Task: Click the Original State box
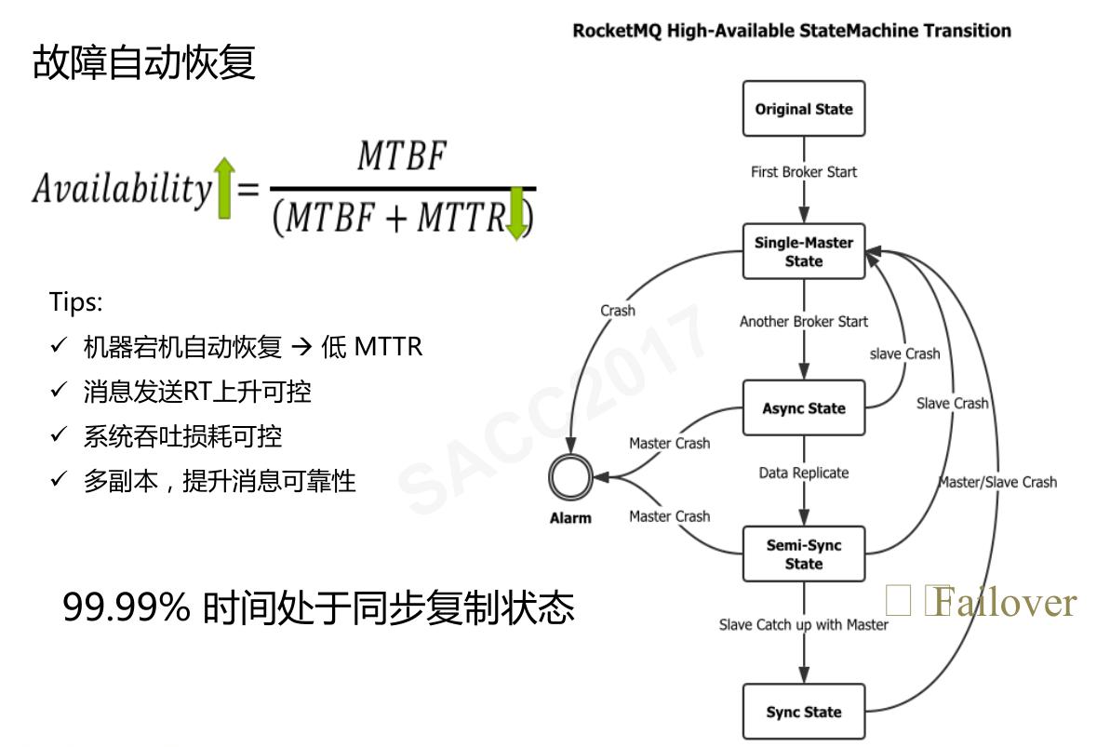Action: pos(804,109)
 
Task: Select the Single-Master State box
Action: pos(804,252)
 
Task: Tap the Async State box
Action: pos(804,408)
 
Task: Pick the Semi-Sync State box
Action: pos(804,554)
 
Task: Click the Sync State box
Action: pos(804,712)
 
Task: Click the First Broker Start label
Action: pos(804,172)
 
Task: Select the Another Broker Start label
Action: pos(804,322)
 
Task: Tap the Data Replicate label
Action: pos(804,473)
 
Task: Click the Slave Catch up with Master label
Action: pos(804,624)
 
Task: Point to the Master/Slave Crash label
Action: pos(997,482)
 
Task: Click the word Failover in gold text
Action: pos(1005,603)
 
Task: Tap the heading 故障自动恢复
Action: pos(144,63)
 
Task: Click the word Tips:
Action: pos(76,303)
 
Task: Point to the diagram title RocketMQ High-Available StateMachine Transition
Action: pos(791,31)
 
